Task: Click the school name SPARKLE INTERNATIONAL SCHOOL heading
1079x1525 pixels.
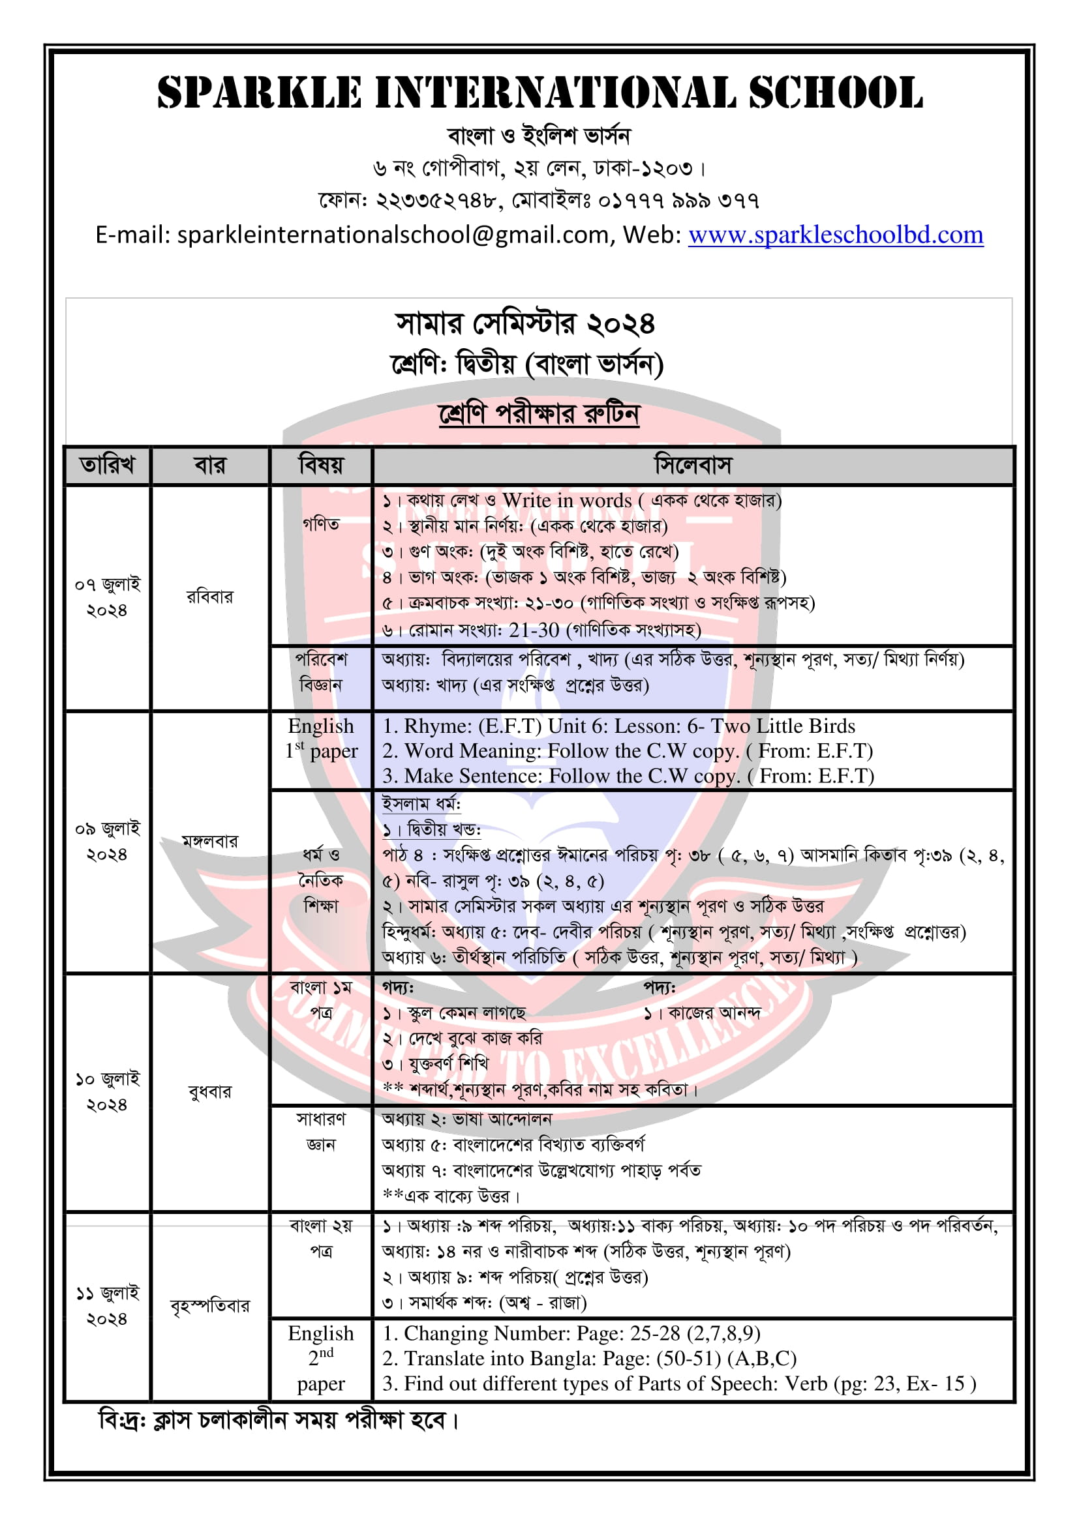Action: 539,93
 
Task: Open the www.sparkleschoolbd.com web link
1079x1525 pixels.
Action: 835,235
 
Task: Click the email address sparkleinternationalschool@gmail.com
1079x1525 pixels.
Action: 393,235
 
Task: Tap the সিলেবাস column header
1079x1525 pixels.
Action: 692,465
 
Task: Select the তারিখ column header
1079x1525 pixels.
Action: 107,465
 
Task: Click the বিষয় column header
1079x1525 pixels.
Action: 321,465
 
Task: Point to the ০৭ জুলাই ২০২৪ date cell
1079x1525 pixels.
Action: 107,597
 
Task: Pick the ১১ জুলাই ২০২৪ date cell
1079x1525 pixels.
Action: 107,1305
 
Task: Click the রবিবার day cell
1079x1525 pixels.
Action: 210,597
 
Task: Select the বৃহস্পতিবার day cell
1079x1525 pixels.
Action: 210,1306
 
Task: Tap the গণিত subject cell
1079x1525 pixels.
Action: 321,525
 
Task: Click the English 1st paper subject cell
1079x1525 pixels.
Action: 321,738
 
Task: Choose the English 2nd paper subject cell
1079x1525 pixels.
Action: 321,1357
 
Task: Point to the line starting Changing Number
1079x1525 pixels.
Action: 571,1333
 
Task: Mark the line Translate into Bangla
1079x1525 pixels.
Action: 588,1358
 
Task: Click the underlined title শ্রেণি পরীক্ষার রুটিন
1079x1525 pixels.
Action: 539,414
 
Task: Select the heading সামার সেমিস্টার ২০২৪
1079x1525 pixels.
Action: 525,324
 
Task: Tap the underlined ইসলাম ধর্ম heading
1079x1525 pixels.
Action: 421,804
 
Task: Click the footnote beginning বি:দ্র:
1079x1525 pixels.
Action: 279,1421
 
